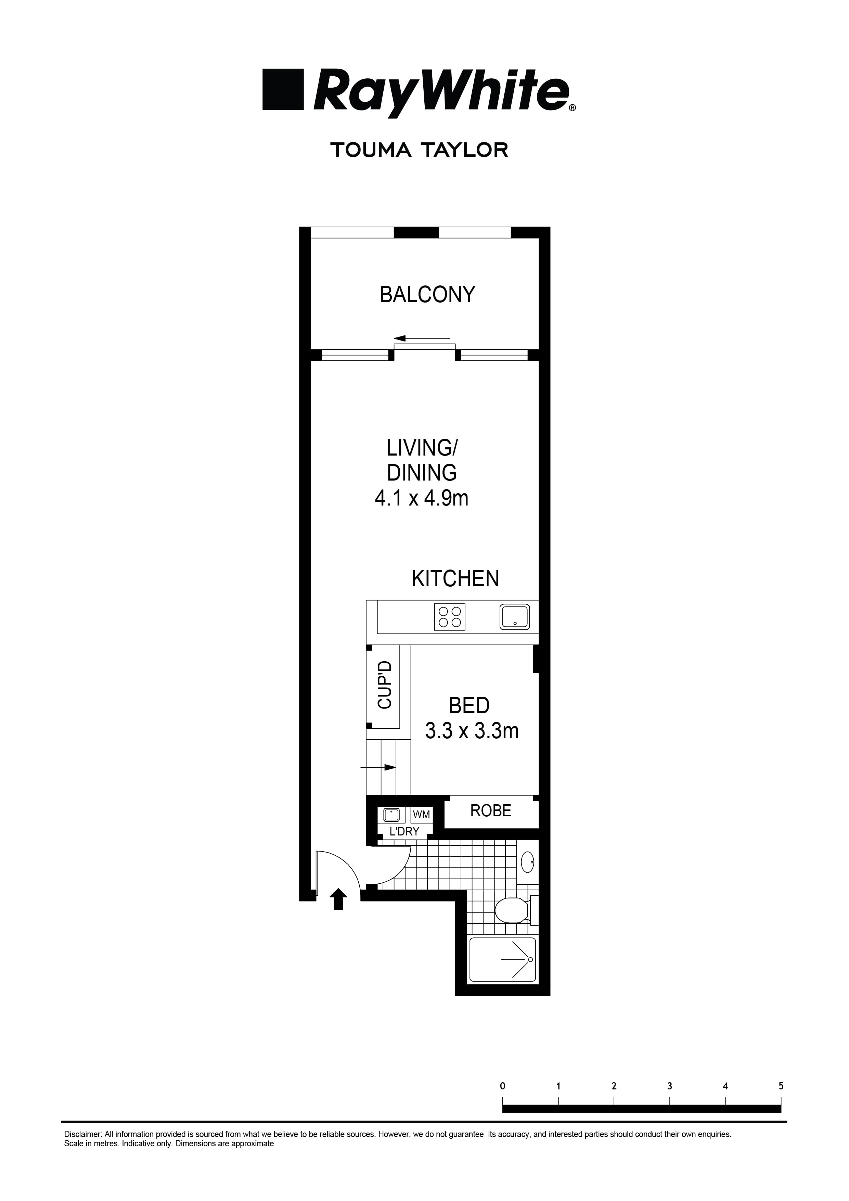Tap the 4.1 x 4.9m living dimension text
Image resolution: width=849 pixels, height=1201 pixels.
(x=421, y=498)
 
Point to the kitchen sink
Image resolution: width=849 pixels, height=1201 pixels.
(x=515, y=617)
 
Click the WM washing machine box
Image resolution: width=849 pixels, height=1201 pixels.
(x=421, y=815)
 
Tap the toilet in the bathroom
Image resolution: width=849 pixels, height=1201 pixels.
(x=512, y=911)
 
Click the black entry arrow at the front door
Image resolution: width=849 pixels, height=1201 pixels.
(x=338, y=899)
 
